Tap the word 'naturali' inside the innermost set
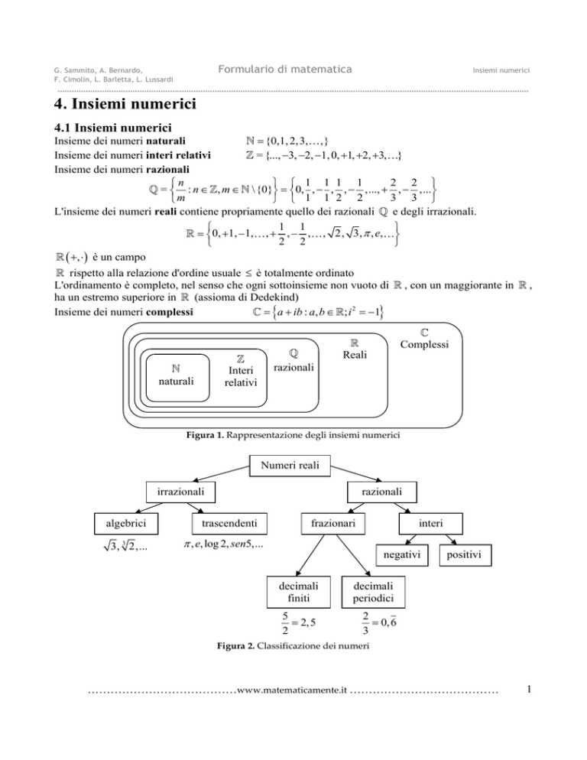pyautogui.click(x=175, y=380)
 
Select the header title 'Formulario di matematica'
pyautogui.click(x=281, y=70)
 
